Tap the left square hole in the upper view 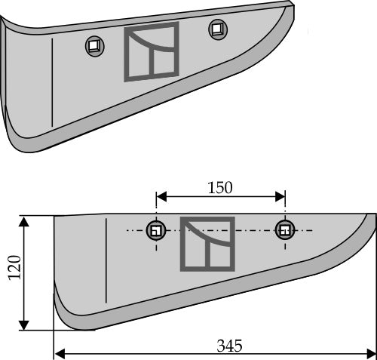click(x=93, y=46)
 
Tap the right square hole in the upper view click(x=218, y=29)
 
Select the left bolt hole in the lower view click(x=156, y=229)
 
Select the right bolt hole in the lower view click(x=284, y=229)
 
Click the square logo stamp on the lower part click(x=207, y=243)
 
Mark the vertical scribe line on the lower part click(x=106, y=260)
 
